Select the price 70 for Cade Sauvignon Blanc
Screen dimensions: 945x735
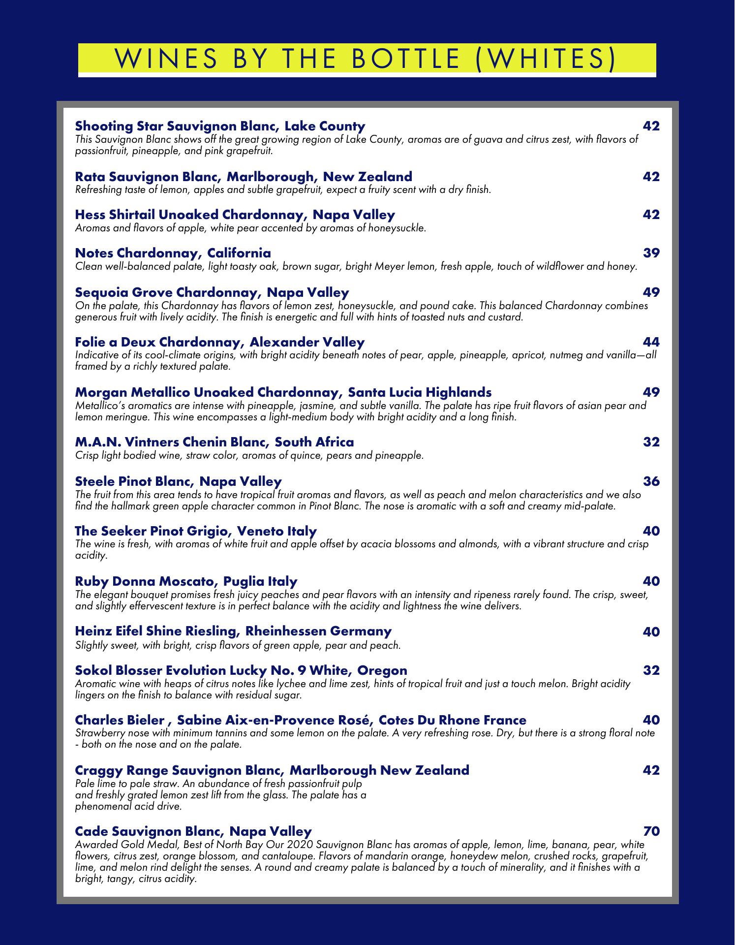click(x=651, y=831)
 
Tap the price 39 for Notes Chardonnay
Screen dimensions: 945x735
click(x=651, y=253)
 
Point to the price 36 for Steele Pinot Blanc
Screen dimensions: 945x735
click(x=651, y=481)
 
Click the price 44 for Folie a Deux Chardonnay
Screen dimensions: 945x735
click(x=651, y=342)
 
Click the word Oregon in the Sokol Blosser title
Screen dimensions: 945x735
click(x=382, y=670)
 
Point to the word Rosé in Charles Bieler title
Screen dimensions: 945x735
click(x=352, y=720)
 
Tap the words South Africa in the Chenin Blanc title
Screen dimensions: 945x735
click(x=314, y=442)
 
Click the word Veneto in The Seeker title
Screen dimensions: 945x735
click(x=258, y=531)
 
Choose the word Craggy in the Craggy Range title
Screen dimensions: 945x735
click(x=98, y=770)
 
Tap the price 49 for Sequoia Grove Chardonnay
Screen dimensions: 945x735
click(x=651, y=292)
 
